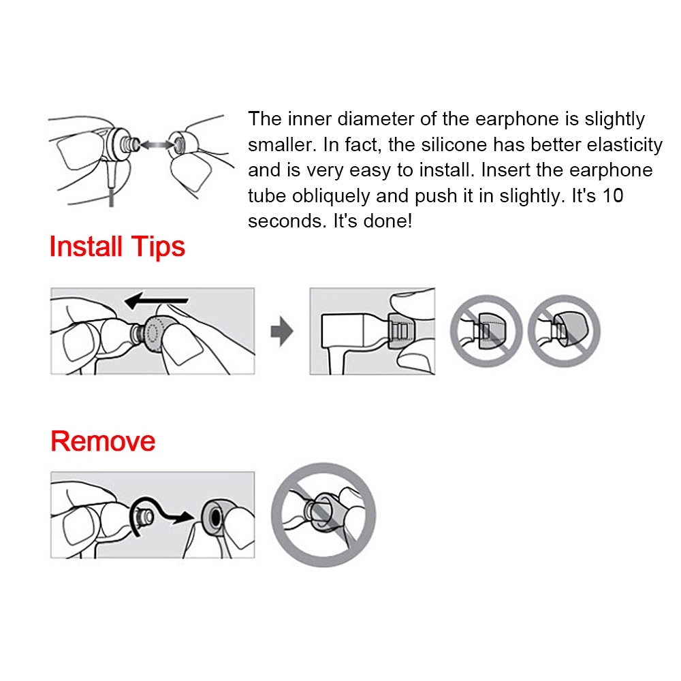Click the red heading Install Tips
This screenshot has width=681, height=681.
pyautogui.click(x=117, y=247)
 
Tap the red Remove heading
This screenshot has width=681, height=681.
pyautogui.click(x=103, y=441)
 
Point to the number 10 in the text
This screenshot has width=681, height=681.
pyautogui.click(x=612, y=195)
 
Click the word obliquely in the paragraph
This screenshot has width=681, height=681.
pyautogui.click(x=330, y=196)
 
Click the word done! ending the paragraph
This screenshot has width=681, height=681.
pyautogui.click(x=388, y=221)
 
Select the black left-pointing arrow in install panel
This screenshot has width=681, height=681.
pyautogui.click(x=157, y=300)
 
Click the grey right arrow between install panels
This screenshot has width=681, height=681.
pyautogui.click(x=282, y=332)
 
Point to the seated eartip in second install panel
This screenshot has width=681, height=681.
pyautogui.click(x=400, y=330)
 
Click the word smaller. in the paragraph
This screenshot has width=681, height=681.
pyautogui.click(x=281, y=144)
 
